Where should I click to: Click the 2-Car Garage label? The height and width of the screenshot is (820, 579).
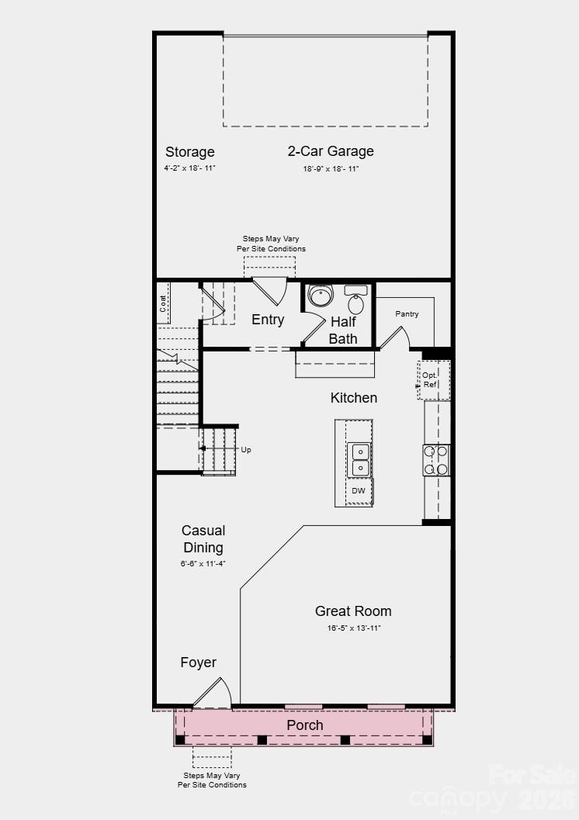tap(331, 151)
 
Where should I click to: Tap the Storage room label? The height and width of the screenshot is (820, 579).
tap(189, 152)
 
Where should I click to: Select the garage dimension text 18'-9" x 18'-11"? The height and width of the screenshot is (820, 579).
tap(331, 169)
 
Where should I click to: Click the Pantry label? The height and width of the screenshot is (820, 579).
tap(407, 314)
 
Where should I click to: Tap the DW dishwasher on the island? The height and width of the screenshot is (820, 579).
tap(358, 491)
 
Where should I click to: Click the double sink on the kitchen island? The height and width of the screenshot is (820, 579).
tap(359, 459)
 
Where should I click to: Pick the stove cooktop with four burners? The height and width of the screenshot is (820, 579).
tap(435, 459)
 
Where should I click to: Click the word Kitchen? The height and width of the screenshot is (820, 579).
tap(354, 398)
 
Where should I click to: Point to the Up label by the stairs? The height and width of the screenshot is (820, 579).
tap(246, 449)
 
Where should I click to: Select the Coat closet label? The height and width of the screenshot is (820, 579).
tap(164, 303)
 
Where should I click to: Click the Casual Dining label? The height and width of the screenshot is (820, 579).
tap(203, 539)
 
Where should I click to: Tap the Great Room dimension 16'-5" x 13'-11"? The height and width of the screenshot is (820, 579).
tap(354, 628)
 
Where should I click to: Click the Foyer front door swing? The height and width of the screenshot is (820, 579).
tap(213, 693)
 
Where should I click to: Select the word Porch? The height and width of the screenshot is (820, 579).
tap(305, 725)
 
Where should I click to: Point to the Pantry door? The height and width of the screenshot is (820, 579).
tap(394, 338)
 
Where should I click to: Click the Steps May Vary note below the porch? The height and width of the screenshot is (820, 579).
tap(212, 780)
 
